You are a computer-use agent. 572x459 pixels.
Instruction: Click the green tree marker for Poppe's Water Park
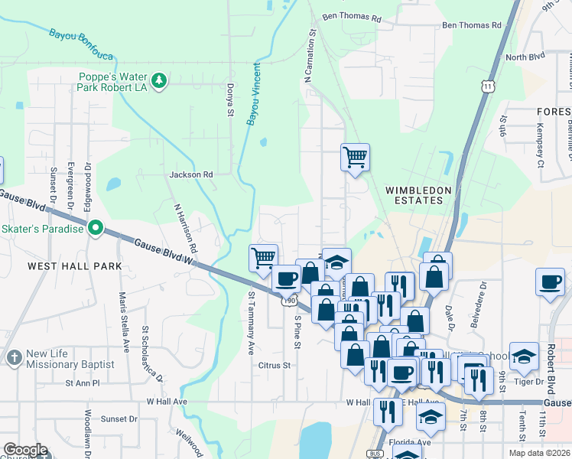158,81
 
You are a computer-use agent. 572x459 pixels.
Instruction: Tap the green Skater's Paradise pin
96,228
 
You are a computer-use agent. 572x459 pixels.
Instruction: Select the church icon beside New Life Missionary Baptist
14,357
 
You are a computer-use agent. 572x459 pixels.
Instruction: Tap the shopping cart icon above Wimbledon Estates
355,157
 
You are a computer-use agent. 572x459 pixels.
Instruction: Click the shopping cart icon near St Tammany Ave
264,258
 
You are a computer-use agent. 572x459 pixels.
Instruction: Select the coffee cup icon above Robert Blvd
551,282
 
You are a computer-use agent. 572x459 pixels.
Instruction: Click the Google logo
25,450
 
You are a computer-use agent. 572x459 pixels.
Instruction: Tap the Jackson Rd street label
191,174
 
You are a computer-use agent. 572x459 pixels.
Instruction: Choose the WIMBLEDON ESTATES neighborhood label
414,194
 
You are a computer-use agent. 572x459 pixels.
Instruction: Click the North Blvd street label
524,57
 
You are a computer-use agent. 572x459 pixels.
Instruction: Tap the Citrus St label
277,366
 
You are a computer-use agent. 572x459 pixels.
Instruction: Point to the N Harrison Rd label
186,228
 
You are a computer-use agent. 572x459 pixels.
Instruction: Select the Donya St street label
229,100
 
